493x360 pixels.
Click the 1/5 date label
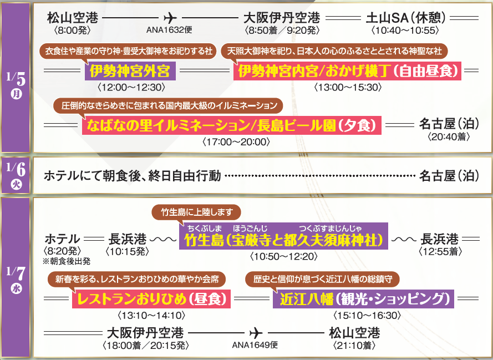point(16,80)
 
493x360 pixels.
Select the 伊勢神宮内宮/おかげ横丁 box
point(348,72)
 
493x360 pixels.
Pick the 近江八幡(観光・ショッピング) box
point(364,300)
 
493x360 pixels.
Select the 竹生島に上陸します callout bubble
point(196,212)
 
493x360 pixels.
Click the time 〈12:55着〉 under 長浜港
point(439,252)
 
